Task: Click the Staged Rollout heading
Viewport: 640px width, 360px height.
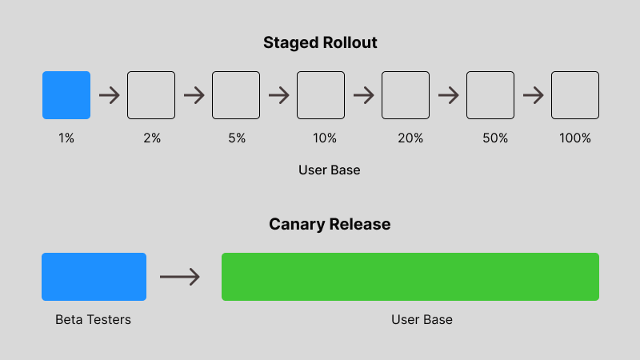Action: [x=320, y=43]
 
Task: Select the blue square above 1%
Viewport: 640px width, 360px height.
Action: [x=66, y=95]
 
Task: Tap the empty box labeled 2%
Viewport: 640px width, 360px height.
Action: [x=151, y=95]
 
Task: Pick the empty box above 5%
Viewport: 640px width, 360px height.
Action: [x=236, y=95]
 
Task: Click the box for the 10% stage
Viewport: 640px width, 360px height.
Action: [x=321, y=95]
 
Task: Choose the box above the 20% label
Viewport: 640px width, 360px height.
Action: [x=406, y=95]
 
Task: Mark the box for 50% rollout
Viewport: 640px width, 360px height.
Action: [x=490, y=95]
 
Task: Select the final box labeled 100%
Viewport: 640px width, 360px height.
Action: [x=575, y=95]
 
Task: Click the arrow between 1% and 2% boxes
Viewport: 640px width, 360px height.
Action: [x=109, y=95]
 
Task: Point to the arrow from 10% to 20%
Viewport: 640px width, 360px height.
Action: [x=363, y=95]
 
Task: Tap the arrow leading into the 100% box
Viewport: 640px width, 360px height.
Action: [x=533, y=95]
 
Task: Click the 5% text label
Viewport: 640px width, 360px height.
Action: [x=237, y=138]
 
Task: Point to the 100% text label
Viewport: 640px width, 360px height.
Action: [x=575, y=138]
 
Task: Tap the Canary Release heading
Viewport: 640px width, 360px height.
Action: [x=330, y=224]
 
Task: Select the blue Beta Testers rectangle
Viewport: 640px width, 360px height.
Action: [x=94, y=277]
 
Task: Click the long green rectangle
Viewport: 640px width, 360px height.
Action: [x=410, y=277]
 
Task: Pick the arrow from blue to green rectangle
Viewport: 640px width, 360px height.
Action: [x=180, y=277]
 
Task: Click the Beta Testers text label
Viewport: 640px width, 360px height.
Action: [x=93, y=320]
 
